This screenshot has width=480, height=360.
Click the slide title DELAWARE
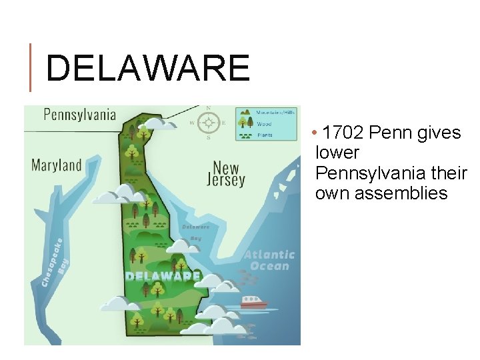[x=147, y=69]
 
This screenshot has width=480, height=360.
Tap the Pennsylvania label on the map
[x=79, y=114]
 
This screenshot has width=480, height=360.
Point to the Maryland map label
[x=57, y=165]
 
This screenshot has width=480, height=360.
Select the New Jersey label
[x=226, y=173]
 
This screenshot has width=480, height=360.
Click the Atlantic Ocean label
[x=269, y=260]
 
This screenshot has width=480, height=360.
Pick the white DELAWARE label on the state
[x=163, y=275]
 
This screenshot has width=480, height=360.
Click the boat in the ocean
[x=253, y=302]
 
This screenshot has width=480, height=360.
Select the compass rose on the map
[x=209, y=123]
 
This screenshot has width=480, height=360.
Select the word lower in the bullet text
[x=337, y=153]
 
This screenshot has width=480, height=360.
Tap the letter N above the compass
[x=209, y=108]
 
